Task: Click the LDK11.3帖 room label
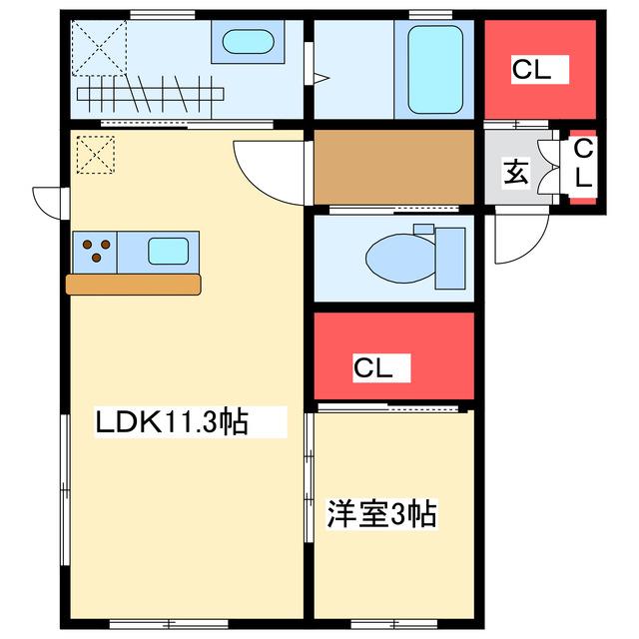(x=172, y=421)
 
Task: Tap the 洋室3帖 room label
(x=381, y=513)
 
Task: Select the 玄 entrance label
(x=516, y=173)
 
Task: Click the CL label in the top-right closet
(x=531, y=70)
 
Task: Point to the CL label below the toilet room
(x=372, y=368)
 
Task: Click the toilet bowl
(x=401, y=259)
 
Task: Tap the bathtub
(x=435, y=70)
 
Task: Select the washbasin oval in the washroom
(x=248, y=42)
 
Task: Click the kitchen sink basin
(x=169, y=252)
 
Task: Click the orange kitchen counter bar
(x=133, y=285)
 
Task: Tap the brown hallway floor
(x=394, y=167)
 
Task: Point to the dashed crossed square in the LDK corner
(x=96, y=155)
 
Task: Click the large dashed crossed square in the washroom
(x=99, y=48)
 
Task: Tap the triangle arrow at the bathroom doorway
(x=321, y=78)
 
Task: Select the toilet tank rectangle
(x=450, y=259)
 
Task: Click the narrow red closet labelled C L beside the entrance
(x=583, y=168)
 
